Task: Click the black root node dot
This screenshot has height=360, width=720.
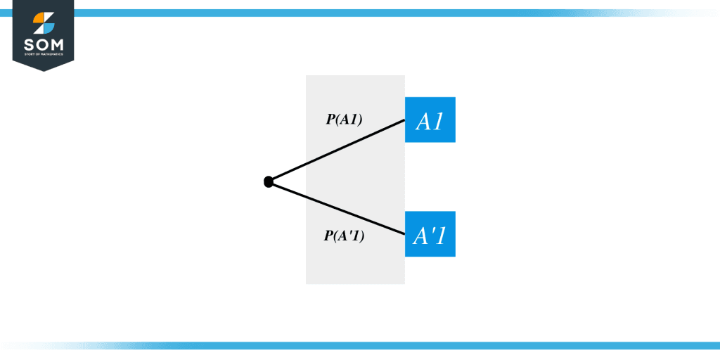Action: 268,182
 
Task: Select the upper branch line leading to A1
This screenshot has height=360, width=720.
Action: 337,150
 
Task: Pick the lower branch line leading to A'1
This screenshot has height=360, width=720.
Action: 337,209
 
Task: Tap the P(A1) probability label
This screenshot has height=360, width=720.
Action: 343,120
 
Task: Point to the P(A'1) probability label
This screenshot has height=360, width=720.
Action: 344,236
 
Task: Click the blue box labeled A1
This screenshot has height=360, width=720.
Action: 430,120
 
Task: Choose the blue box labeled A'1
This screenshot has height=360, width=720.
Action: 430,233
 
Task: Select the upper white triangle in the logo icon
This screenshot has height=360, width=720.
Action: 47,18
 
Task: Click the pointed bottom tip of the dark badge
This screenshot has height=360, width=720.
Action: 43,70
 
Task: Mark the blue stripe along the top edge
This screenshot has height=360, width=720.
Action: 352,13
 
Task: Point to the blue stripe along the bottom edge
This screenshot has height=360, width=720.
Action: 352,345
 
